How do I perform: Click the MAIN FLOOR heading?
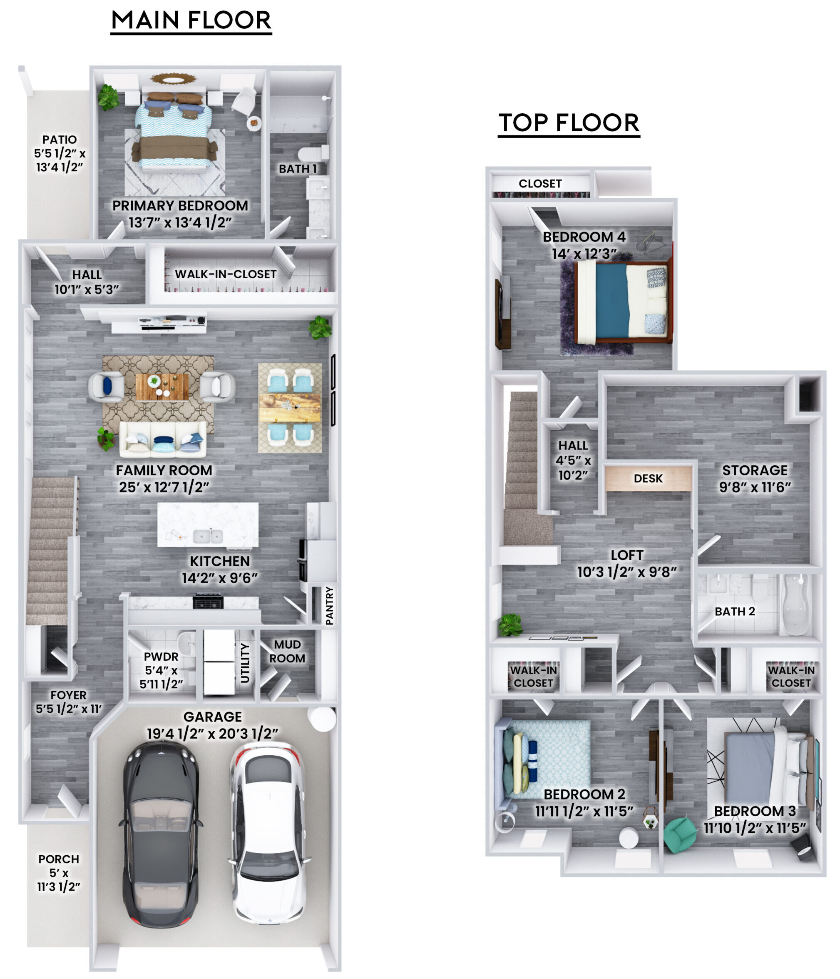pyautogui.click(x=191, y=20)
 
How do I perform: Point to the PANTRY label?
pyautogui.click(x=329, y=606)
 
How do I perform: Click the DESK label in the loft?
pyautogui.click(x=648, y=479)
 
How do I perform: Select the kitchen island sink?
pyautogui.click(x=208, y=536)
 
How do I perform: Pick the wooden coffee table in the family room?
pyautogui.click(x=162, y=387)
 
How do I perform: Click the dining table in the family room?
pyautogui.click(x=289, y=407)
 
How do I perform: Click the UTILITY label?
pyautogui.click(x=245, y=663)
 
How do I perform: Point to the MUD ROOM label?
pyautogui.click(x=287, y=651)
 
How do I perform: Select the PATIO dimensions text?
pyautogui.click(x=60, y=160)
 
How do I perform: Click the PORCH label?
pyautogui.click(x=59, y=859)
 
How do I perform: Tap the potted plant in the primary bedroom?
pyautogui.click(x=109, y=97)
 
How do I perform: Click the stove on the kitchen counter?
pyautogui.click(x=208, y=602)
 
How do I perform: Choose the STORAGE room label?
pyautogui.click(x=755, y=470)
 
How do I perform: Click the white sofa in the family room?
pyautogui.click(x=163, y=440)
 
